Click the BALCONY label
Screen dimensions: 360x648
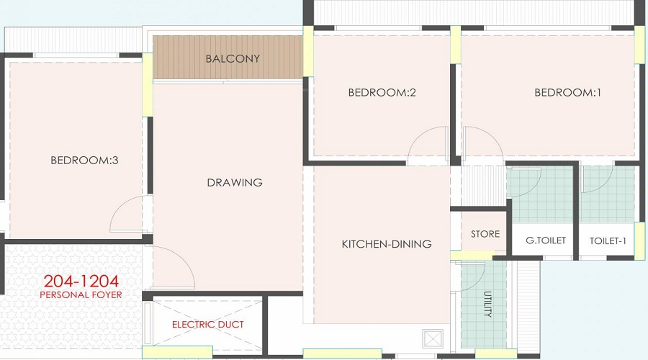[233, 58]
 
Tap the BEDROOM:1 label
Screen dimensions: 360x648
[567, 92]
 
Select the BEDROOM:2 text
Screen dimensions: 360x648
[382, 92]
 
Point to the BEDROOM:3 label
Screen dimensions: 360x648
[84, 161]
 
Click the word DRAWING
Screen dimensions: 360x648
[235, 182]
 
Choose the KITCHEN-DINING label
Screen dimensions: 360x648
[386, 244]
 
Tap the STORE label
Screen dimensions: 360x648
[485, 234]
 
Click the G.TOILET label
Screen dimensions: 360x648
[546, 240]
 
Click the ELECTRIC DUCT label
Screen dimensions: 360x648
[207, 325]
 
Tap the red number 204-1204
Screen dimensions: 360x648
[81, 281]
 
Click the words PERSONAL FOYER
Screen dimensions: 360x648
[81, 294]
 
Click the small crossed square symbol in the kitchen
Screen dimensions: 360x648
[432, 338]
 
